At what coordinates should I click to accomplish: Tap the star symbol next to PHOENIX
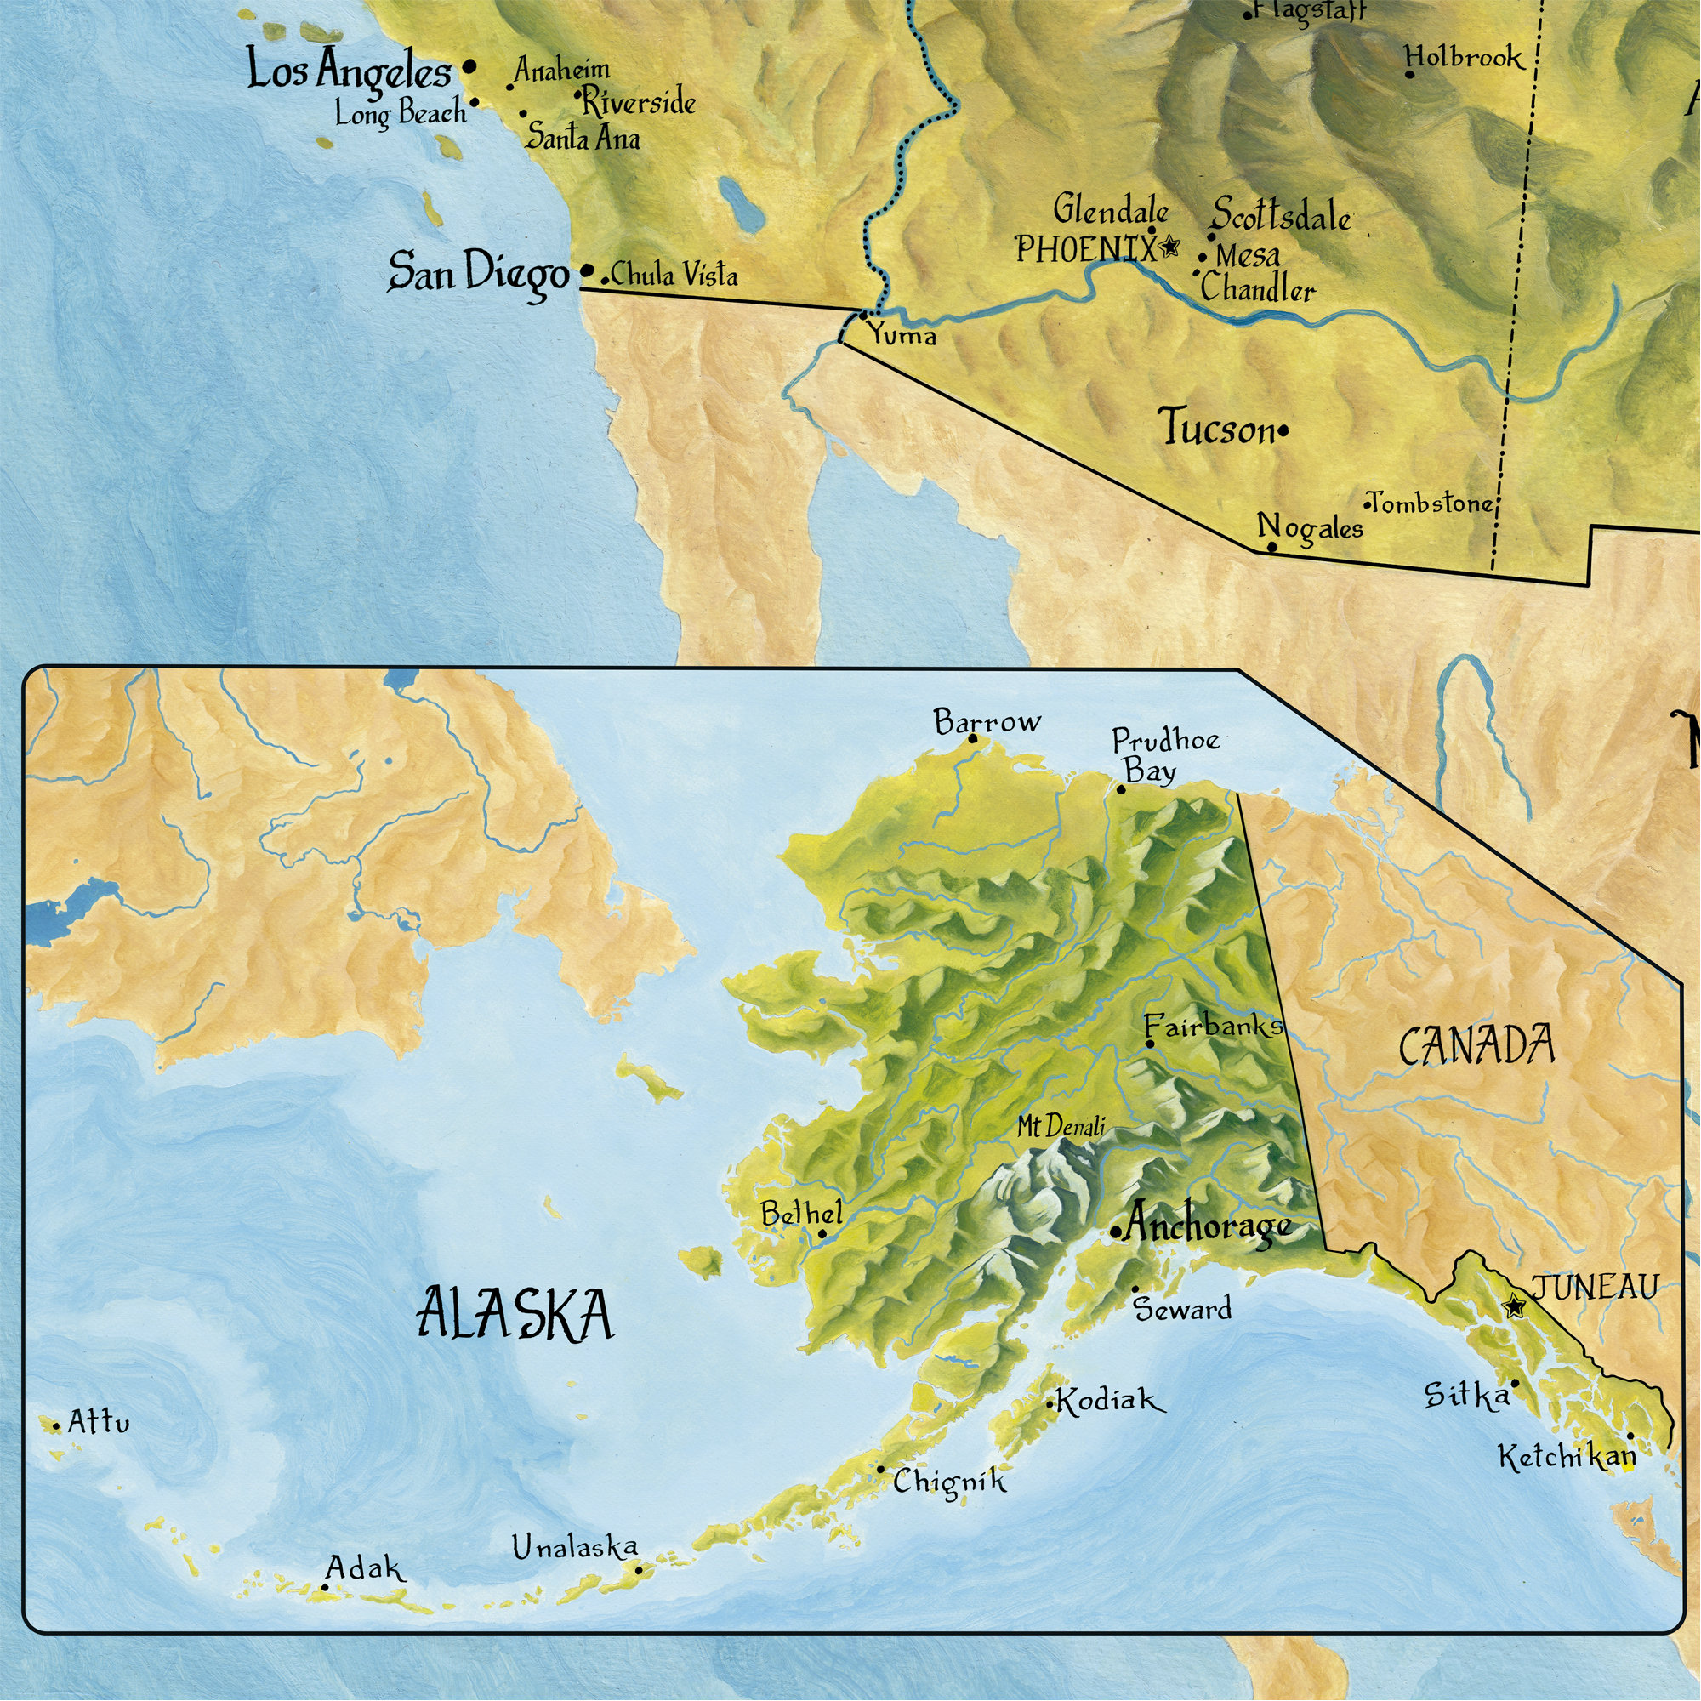1169,247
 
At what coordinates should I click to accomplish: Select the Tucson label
1217,429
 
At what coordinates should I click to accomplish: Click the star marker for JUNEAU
1515,1306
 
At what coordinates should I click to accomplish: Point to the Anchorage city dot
1116,1232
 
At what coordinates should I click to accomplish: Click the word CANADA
1476,1047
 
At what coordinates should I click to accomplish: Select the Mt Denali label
1060,1126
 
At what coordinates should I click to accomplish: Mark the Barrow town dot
973,739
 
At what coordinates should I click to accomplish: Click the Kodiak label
1108,1400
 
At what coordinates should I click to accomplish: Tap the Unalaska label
574,1547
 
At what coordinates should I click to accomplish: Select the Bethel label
801,1215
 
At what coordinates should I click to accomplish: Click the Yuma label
902,335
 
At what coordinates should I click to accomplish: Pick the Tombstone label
1431,503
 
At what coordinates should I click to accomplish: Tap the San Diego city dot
587,270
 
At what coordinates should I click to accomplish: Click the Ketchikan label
1567,1457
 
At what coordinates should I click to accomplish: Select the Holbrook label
1463,58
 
